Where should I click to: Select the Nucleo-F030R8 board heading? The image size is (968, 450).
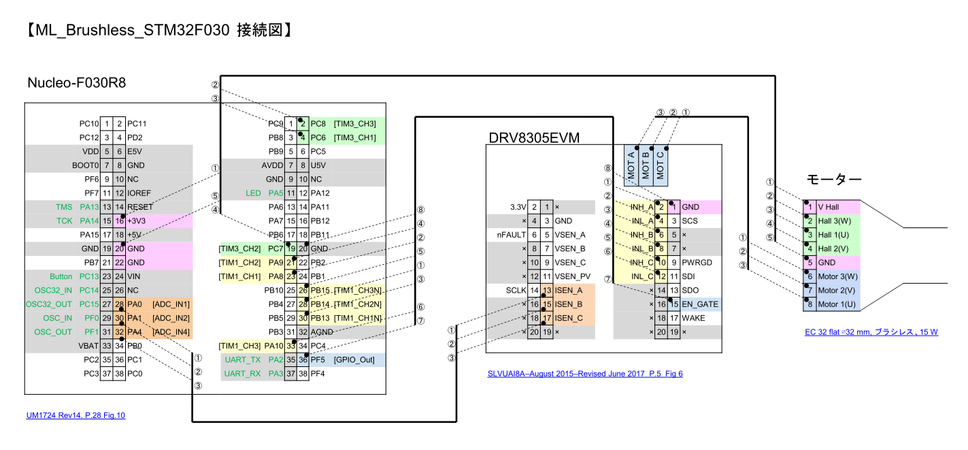click(x=76, y=83)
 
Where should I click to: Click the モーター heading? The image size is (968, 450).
click(x=834, y=180)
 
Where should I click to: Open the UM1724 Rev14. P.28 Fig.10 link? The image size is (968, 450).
click(x=76, y=415)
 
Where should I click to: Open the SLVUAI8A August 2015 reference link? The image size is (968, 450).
click(x=584, y=374)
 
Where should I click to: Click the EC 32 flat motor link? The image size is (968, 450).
click(x=871, y=332)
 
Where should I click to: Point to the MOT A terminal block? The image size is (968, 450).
click(x=632, y=165)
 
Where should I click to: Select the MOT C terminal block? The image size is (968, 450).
click(x=661, y=165)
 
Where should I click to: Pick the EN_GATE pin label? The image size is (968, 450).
click(x=699, y=304)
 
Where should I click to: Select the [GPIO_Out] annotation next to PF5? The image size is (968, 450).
click(x=354, y=359)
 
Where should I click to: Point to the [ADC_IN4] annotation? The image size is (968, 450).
click(x=171, y=332)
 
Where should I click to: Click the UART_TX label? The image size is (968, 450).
click(x=243, y=359)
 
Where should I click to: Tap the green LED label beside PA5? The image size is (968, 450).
click(x=253, y=193)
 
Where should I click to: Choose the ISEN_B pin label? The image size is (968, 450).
click(x=569, y=304)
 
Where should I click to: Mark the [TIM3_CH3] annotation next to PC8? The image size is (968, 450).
click(x=354, y=124)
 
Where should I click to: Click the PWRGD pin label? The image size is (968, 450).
click(x=698, y=263)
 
